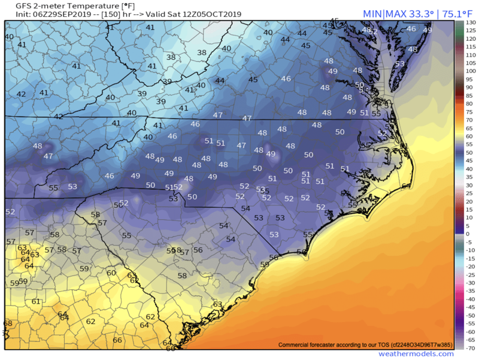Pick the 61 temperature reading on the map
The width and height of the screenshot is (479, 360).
point(35,301)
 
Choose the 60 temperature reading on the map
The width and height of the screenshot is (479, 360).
point(111,273)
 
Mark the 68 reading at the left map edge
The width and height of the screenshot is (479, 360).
point(7,323)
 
